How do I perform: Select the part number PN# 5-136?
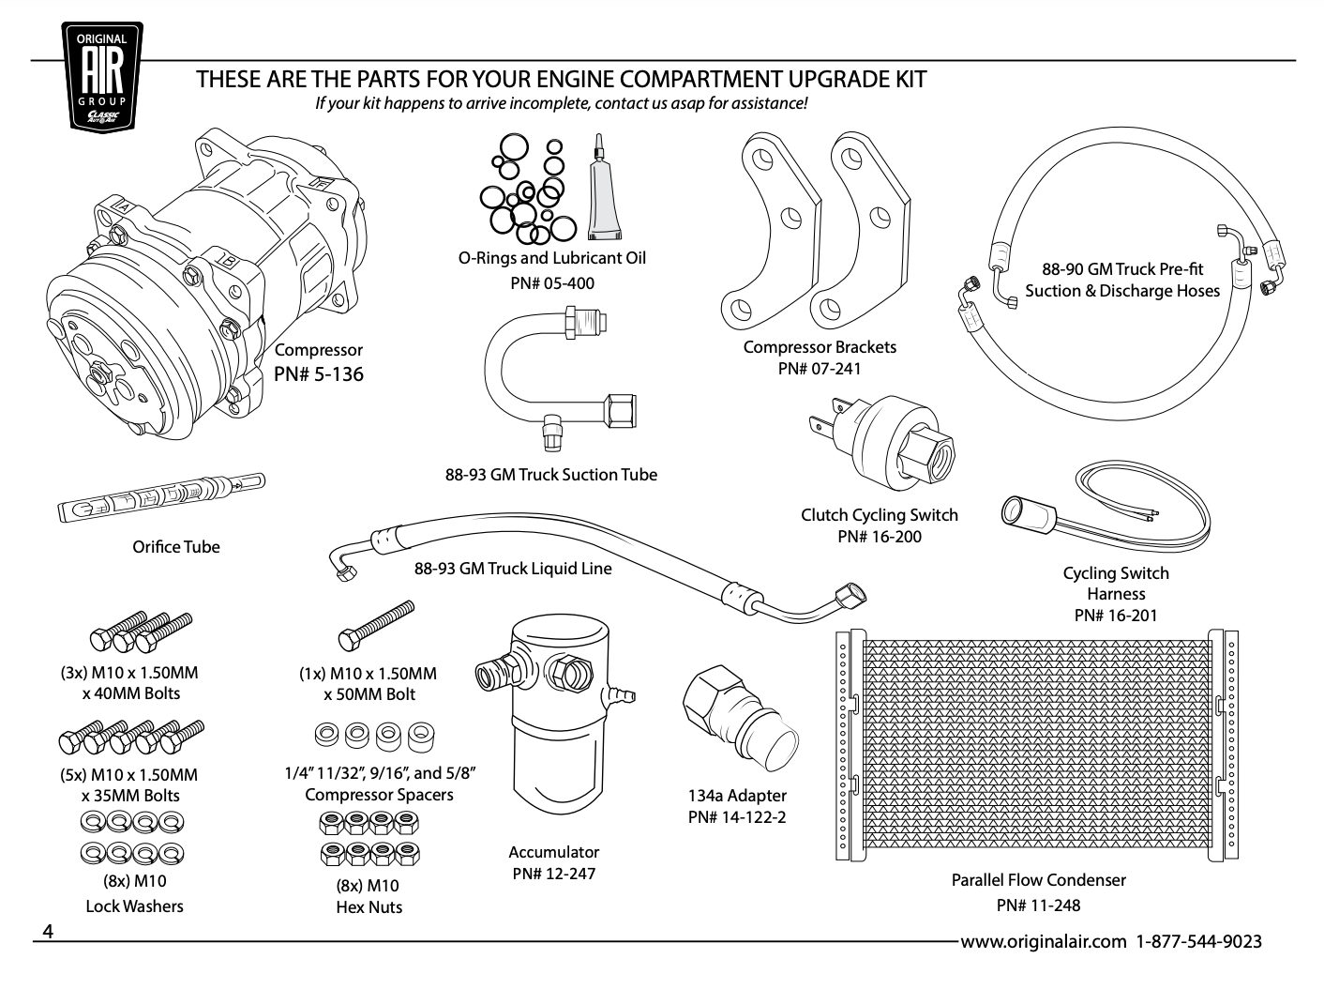click(x=319, y=374)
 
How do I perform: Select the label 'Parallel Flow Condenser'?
click(x=1038, y=880)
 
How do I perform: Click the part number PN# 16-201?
click(x=1116, y=616)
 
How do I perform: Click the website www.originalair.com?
click(x=1042, y=941)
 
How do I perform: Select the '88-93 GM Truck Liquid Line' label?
click(x=513, y=569)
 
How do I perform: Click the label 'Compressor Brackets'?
click(x=820, y=347)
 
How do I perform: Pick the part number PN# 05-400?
click(x=552, y=282)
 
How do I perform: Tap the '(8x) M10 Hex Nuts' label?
click(x=367, y=896)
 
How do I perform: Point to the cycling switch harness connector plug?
click(x=1023, y=510)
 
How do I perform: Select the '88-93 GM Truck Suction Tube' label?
click(x=550, y=475)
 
